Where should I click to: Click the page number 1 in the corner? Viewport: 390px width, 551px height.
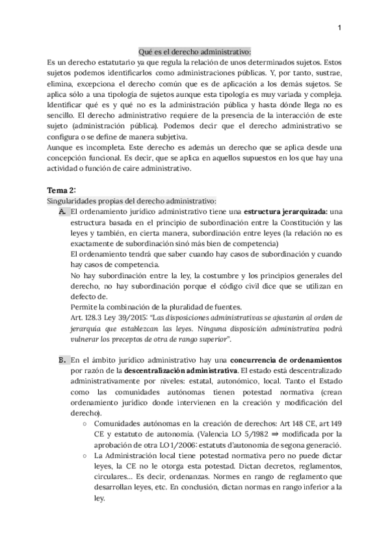pyautogui.click(x=340, y=28)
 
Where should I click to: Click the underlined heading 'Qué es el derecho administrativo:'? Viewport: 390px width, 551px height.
pyautogui.click(x=195, y=52)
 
